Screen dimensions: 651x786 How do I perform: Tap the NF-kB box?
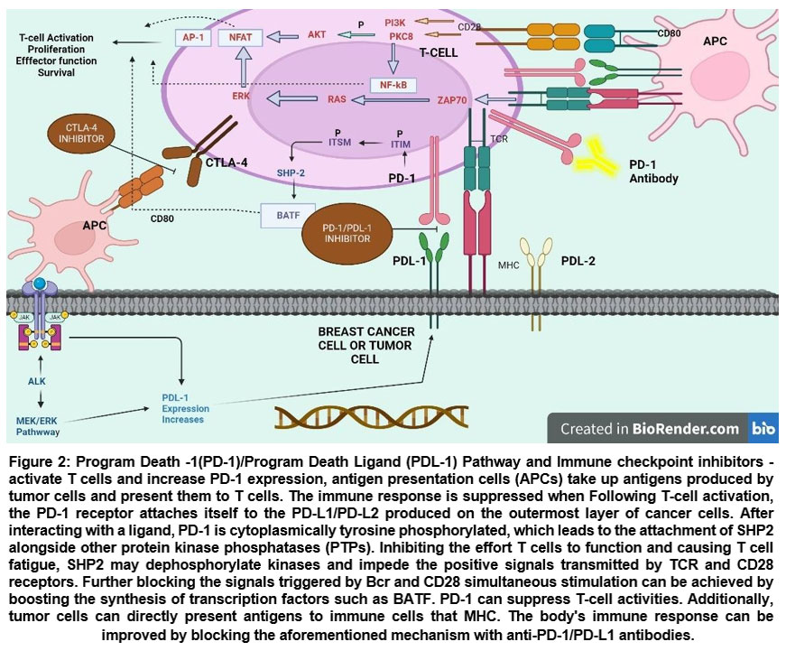click(x=393, y=85)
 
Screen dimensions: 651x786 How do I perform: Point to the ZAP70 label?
click(x=452, y=102)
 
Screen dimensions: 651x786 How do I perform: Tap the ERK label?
click(x=240, y=94)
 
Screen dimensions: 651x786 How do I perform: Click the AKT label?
click(x=317, y=33)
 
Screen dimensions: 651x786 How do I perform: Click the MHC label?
click(x=508, y=265)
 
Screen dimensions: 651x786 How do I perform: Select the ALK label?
click(x=36, y=380)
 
